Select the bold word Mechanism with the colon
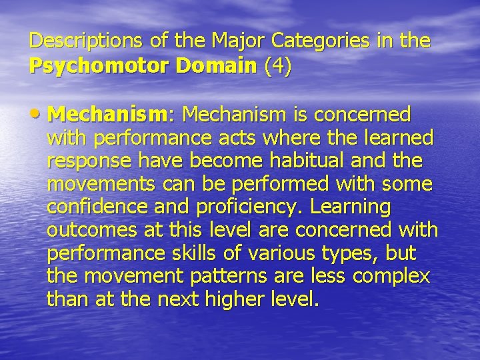tap(111, 115)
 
